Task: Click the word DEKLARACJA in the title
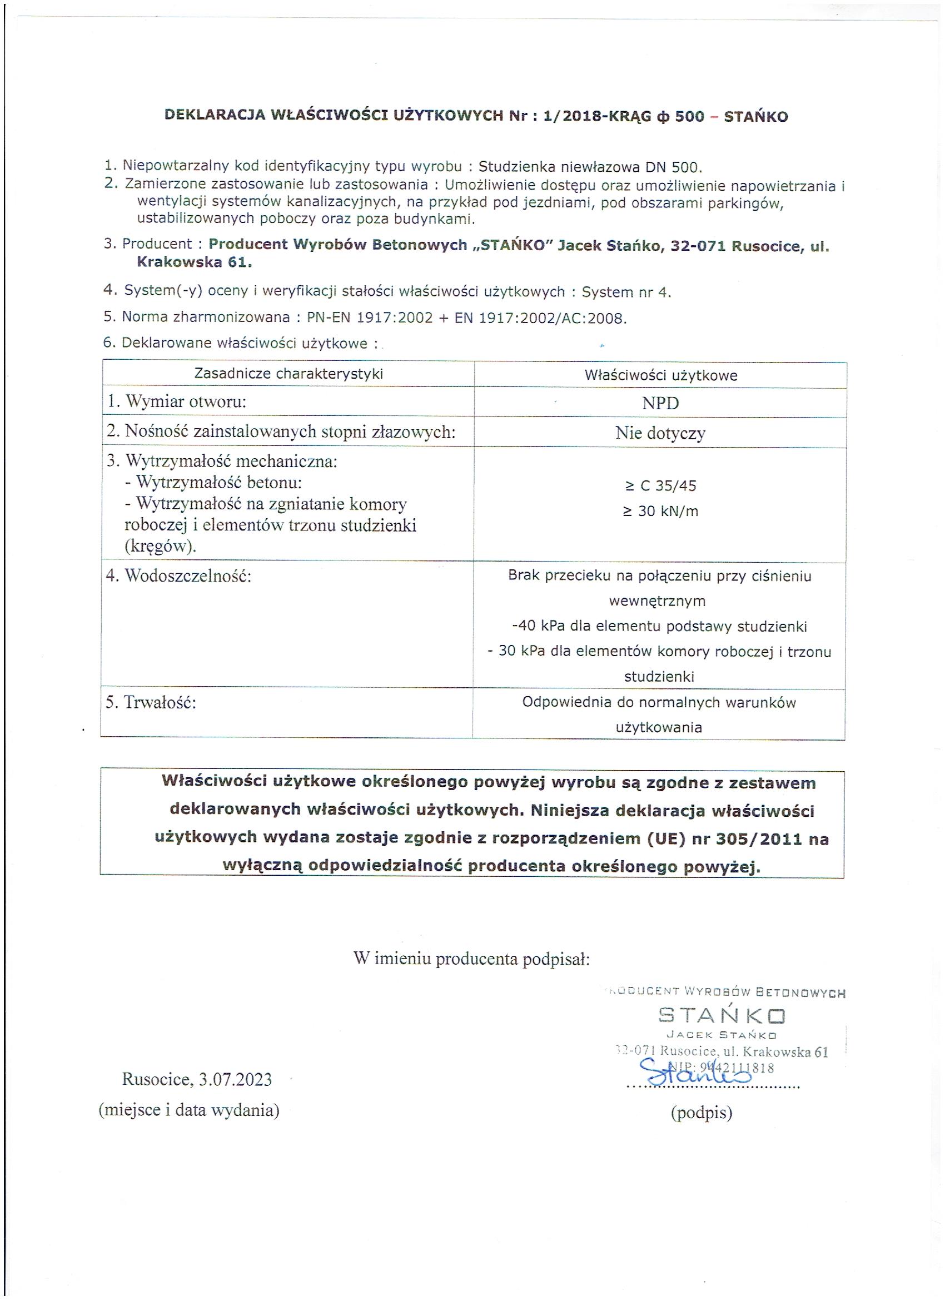215,115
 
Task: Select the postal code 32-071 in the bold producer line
698,246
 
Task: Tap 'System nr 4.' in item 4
626,292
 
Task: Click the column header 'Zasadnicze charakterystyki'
289,374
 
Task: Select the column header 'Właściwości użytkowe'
661,375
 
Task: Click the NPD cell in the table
660,404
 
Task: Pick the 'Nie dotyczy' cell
660,433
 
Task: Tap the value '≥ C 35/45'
660,486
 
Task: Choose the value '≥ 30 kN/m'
660,512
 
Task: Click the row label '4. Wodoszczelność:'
179,576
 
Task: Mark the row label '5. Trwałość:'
151,703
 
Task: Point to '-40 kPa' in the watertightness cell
539,627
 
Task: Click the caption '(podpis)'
702,1113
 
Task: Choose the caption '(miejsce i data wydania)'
189,1110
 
